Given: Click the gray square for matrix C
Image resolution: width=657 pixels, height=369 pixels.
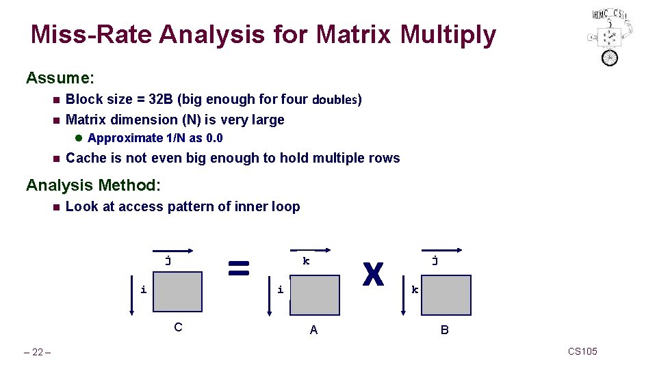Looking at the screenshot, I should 177,292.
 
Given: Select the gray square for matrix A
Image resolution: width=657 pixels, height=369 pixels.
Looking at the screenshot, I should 314,295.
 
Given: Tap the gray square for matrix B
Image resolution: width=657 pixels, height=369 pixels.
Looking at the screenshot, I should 446,295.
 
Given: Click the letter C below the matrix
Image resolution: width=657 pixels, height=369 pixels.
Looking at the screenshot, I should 178,327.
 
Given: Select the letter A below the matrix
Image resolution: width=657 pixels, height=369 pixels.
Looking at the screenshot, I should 313,330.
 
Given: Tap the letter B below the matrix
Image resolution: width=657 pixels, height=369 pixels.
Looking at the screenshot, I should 445,330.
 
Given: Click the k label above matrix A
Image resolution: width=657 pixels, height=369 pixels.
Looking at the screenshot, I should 306,261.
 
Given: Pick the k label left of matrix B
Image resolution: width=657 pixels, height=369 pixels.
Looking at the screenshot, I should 415,290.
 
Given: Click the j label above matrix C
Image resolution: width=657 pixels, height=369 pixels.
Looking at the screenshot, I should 168,260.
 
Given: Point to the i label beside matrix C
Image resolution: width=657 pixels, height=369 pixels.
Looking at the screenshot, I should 143,290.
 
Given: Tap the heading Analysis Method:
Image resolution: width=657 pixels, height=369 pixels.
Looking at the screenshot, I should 93,185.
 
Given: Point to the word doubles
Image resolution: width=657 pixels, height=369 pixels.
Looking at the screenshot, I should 336,100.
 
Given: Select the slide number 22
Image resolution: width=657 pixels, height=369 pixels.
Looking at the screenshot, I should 38,352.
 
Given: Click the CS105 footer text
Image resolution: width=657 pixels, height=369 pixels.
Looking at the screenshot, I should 582,351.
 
